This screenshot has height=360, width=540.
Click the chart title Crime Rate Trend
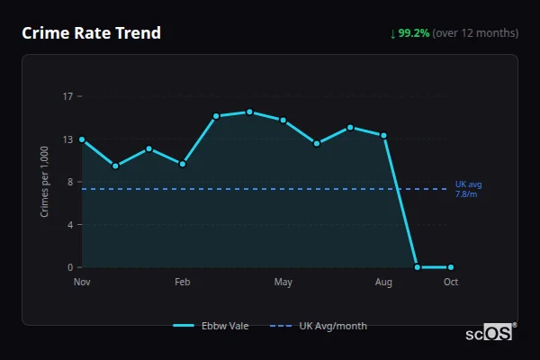click(x=91, y=33)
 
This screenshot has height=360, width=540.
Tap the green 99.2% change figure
click(x=414, y=33)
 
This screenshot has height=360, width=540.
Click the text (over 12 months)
click(x=475, y=33)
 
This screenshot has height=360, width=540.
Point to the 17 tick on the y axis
click(x=67, y=96)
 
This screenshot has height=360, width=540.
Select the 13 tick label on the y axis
click(x=67, y=139)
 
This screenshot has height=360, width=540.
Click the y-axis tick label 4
click(x=70, y=224)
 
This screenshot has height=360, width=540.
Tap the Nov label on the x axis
click(x=82, y=283)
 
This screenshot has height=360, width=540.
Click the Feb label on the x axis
click(x=183, y=283)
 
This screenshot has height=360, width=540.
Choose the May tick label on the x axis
click(x=283, y=283)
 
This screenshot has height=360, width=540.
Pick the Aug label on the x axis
click(x=383, y=283)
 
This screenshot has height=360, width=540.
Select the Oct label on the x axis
click(x=451, y=283)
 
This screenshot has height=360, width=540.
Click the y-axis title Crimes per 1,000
click(x=45, y=182)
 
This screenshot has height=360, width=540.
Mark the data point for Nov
click(x=82, y=139)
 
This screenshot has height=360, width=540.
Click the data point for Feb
click(x=183, y=164)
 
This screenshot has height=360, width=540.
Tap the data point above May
click(x=283, y=121)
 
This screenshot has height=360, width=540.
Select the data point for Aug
click(x=383, y=136)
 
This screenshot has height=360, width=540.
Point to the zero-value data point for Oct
click(x=451, y=267)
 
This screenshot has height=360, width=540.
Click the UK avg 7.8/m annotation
click(x=468, y=189)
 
